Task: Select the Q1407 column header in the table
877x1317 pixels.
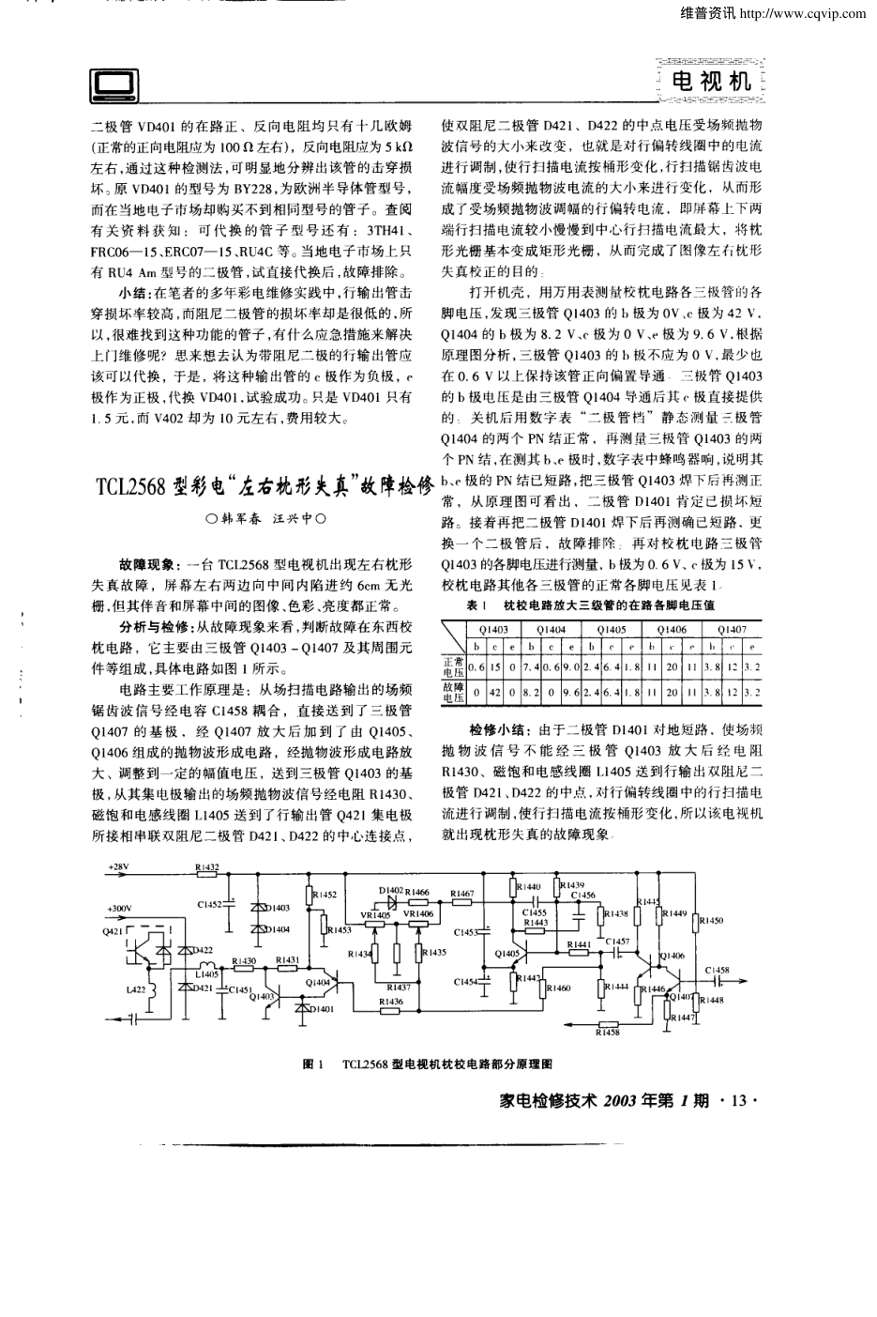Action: point(732,629)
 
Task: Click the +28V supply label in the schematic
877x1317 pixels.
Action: point(119,866)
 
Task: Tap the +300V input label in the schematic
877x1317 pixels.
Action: point(119,909)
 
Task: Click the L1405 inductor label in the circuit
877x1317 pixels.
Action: point(207,974)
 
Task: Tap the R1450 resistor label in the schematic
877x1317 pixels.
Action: point(711,921)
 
